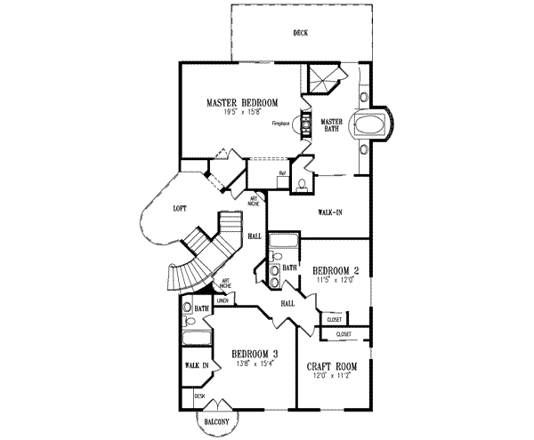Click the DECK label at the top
300,34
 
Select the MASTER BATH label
332,125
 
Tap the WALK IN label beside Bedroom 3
197,365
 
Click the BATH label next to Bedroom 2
289,267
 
